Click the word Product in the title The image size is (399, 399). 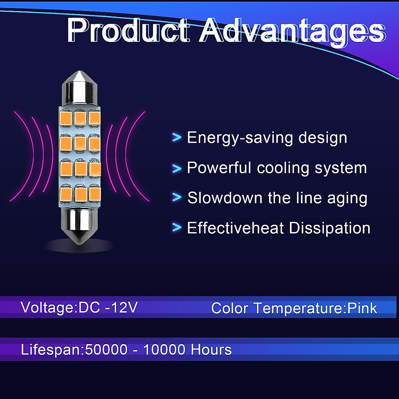[x=128, y=31]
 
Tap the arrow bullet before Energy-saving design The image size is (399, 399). [x=177, y=137]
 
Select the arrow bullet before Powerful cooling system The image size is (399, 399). [x=177, y=168]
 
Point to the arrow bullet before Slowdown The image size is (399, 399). [x=177, y=197]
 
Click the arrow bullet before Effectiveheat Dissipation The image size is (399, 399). [x=177, y=227]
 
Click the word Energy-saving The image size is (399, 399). [x=240, y=138]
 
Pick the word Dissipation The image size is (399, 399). [x=330, y=228]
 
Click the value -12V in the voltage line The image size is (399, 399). [x=121, y=307]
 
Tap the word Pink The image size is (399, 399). [x=362, y=308]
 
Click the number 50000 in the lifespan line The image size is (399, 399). [x=106, y=349]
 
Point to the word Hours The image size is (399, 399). [x=211, y=349]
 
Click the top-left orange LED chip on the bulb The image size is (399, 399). [x=66, y=119]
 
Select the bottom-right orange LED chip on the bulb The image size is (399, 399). [x=95, y=195]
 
